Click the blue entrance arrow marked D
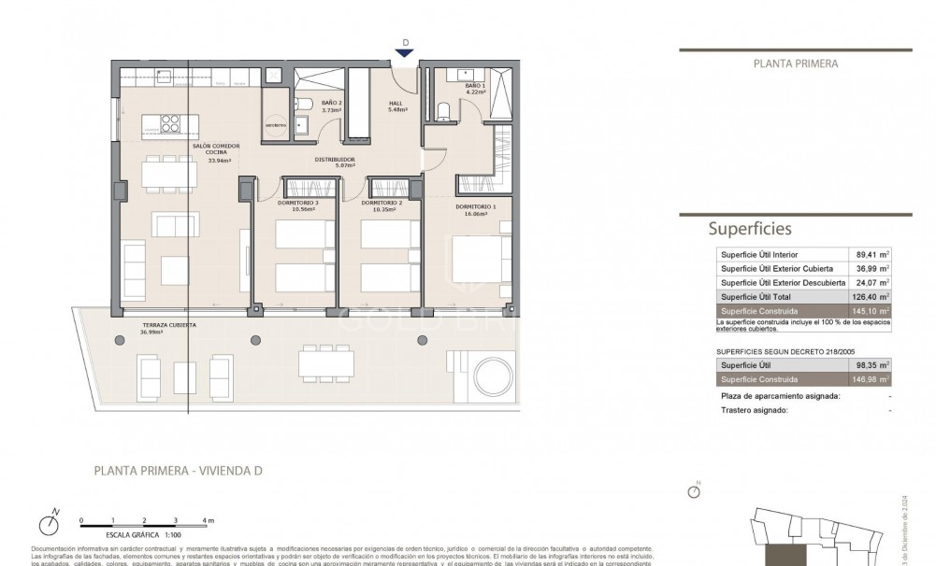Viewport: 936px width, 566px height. [405, 53]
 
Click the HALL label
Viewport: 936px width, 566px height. [396, 106]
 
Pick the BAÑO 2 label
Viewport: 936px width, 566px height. [332, 106]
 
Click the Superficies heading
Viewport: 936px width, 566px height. [750, 228]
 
